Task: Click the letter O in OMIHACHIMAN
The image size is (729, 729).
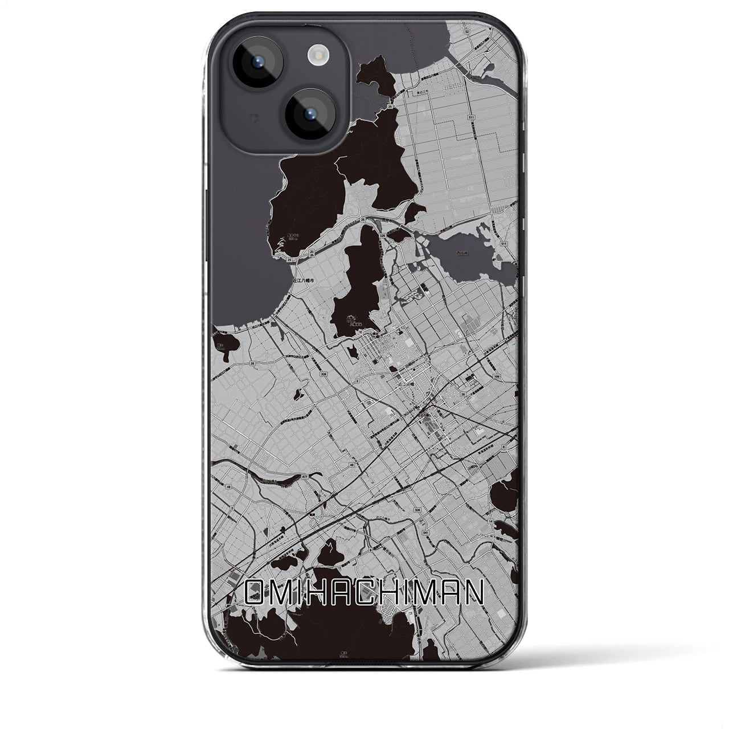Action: [255, 593]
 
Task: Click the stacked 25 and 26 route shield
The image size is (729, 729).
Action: [312, 251]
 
